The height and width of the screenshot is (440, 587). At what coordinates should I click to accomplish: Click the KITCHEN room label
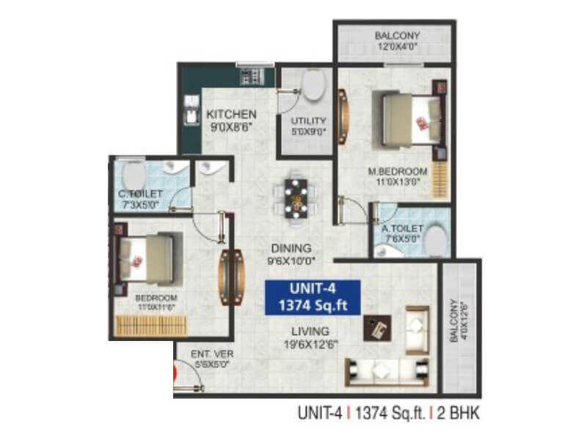pyautogui.click(x=231, y=114)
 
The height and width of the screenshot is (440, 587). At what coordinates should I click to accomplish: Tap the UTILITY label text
pyautogui.click(x=308, y=121)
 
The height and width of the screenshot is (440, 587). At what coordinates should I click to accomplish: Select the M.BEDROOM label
pyautogui.click(x=397, y=172)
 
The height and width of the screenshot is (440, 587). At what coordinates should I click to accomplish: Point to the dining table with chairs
pyautogui.click(x=297, y=197)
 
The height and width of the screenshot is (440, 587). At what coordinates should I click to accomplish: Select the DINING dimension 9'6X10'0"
pyautogui.click(x=290, y=260)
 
